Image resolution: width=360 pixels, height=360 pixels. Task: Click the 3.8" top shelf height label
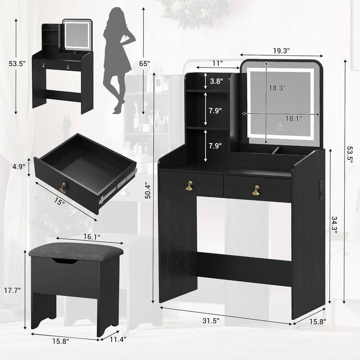[216, 81]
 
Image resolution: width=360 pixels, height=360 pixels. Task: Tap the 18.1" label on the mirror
[293, 118]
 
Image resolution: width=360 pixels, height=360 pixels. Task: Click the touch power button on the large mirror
[279, 127]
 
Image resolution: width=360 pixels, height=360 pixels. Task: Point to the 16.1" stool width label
[90, 235]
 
